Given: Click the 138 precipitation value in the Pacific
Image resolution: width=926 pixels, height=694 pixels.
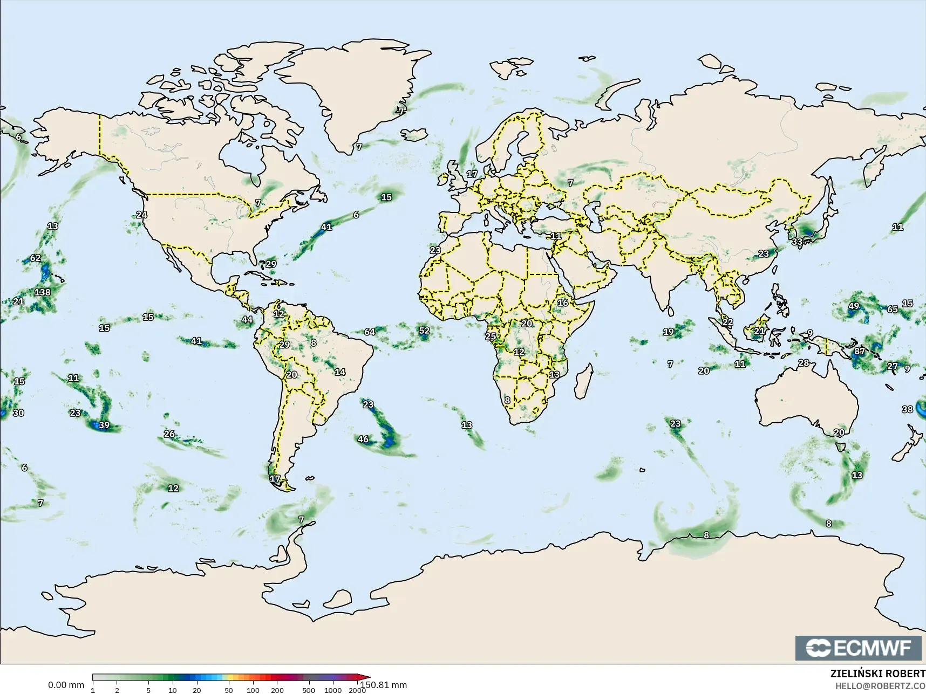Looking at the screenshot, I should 42,292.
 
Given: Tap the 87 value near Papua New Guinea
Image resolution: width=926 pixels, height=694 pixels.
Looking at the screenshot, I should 859,351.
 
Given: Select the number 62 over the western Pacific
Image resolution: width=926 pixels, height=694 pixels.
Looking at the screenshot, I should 35,258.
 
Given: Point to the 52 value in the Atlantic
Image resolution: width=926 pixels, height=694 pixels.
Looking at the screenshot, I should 424,331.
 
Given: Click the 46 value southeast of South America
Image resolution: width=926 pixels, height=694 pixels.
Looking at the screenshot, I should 363,439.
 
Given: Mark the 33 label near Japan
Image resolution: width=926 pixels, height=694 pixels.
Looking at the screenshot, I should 797,242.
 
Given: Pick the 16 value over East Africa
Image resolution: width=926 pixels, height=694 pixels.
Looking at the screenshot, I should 563,303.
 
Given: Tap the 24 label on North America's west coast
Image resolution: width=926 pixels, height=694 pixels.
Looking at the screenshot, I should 141,214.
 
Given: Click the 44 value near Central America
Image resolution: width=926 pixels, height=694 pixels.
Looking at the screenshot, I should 247,319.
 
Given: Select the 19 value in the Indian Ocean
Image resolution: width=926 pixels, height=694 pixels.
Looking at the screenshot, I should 668,332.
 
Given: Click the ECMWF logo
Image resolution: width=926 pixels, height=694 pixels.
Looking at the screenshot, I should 858,648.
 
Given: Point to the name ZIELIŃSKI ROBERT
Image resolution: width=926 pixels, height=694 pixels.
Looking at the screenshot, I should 877,674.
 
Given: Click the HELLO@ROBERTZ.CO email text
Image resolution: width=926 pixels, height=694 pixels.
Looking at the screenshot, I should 880,686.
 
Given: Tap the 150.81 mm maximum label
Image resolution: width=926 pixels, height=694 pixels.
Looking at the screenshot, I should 384,685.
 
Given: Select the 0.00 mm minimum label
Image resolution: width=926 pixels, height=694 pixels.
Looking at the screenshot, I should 66,685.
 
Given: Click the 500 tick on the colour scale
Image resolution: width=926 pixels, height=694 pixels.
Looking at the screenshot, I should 309,690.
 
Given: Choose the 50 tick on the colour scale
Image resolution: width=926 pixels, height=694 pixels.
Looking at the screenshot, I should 229,690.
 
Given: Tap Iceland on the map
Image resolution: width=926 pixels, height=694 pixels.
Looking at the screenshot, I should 414,134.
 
